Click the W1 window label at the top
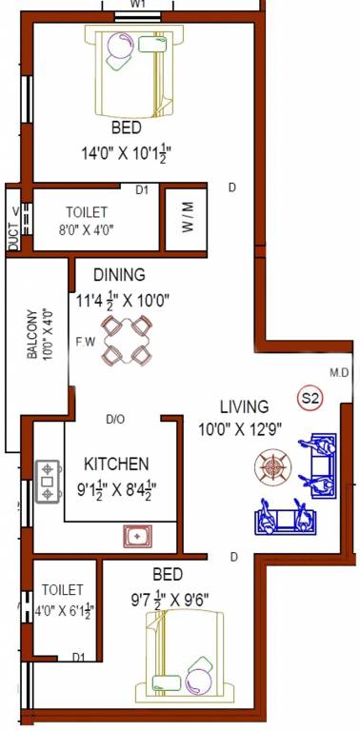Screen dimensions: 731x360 pos(138,4)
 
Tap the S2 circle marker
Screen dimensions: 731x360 pos(309,398)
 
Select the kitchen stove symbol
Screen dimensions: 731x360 pos(47,482)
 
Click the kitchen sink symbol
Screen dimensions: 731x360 pos(138,536)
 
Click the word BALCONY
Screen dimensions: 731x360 pos(31,327)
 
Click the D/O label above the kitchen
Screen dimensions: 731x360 pos(115,418)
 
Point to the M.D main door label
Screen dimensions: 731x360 pos(338,371)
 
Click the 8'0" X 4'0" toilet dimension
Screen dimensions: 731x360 pos(87,228)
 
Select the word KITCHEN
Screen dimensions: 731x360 pos(116,464)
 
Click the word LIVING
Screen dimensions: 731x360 pos(244,406)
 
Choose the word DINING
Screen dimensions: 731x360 pos(119,275)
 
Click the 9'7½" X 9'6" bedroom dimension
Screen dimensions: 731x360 pos(168,600)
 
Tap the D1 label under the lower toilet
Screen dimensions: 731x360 pos(78,657)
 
